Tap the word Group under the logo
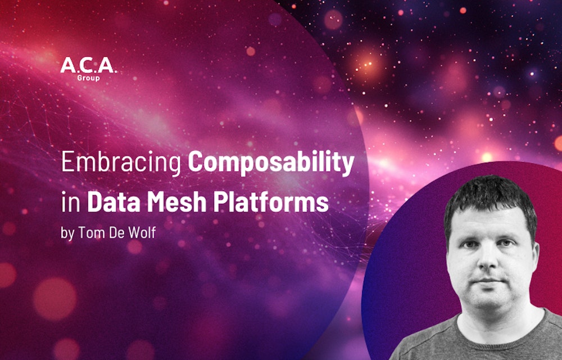click(x=88, y=78)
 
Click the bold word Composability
click(x=271, y=163)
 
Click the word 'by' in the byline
click(x=67, y=233)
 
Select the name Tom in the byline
click(x=88, y=232)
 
